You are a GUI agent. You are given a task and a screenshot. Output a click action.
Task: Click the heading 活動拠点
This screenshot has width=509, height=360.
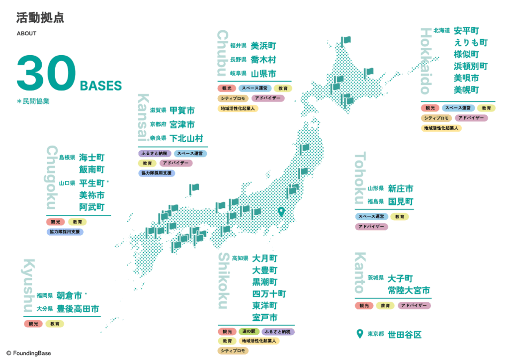[40, 18]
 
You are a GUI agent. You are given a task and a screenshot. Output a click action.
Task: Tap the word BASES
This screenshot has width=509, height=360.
[101, 86]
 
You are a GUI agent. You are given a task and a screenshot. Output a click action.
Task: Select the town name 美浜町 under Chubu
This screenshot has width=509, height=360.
[263, 46]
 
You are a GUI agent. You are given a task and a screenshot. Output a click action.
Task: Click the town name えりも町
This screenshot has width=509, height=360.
[470, 42]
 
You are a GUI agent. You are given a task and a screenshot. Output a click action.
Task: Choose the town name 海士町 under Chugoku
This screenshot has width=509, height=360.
[92, 158]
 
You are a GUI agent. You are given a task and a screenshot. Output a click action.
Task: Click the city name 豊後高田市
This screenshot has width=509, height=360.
[78, 309]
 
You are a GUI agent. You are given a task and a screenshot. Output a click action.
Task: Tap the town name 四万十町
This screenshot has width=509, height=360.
[269, 294]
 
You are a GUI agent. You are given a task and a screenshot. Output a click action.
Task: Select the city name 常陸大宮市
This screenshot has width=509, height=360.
[409, 290]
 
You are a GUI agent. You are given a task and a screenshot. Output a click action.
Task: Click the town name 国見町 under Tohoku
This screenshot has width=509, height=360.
[401, 201]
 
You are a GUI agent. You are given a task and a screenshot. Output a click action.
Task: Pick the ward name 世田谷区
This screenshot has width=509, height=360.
[405, 335]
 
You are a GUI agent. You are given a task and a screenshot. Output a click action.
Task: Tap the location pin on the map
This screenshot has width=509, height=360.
[281, 212]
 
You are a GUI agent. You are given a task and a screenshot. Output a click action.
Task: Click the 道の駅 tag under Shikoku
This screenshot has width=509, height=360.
[249, 332]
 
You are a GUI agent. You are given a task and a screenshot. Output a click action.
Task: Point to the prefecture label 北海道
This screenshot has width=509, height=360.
[441, 30]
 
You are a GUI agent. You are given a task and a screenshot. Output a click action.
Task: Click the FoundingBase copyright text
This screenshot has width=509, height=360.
[28, 353]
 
